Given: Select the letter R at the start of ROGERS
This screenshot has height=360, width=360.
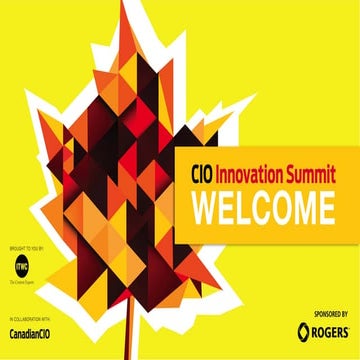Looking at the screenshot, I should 314,328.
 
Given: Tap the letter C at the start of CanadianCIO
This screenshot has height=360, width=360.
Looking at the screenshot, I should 12,330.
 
